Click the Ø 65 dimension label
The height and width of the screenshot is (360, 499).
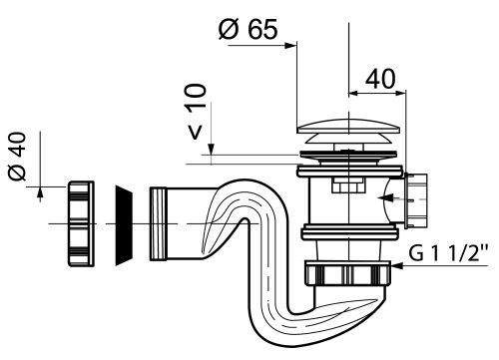click(248, 29)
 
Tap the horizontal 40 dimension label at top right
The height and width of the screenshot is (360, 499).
click(380, 79)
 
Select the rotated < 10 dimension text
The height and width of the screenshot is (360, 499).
click(196, 112)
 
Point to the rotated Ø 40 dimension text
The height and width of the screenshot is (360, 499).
click(17, 157)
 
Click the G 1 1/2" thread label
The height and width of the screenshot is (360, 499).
click(448, 253)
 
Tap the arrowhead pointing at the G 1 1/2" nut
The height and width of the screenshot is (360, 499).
click(397, 265)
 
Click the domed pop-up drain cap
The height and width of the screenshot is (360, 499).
click(348, 133)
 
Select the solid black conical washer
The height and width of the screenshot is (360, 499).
click(124, 225)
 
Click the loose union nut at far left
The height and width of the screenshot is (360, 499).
click(81, 223)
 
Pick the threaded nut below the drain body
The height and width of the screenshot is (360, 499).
click(347, 273)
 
